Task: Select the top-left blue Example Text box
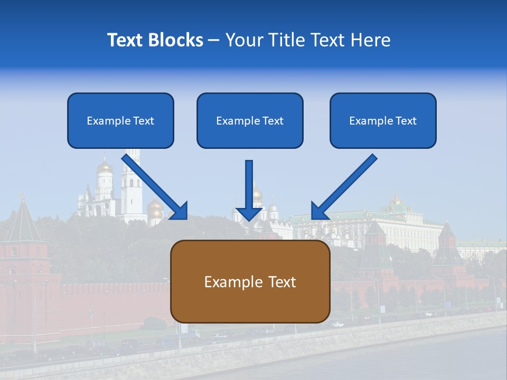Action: click(120, 121)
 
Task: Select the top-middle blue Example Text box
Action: click(250, 121)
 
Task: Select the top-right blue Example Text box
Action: click(383, 121)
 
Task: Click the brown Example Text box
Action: click(250, 281)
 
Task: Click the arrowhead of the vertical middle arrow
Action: click(249, 214)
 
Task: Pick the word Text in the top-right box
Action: click(406, 121)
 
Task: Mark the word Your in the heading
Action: click(243, 40)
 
